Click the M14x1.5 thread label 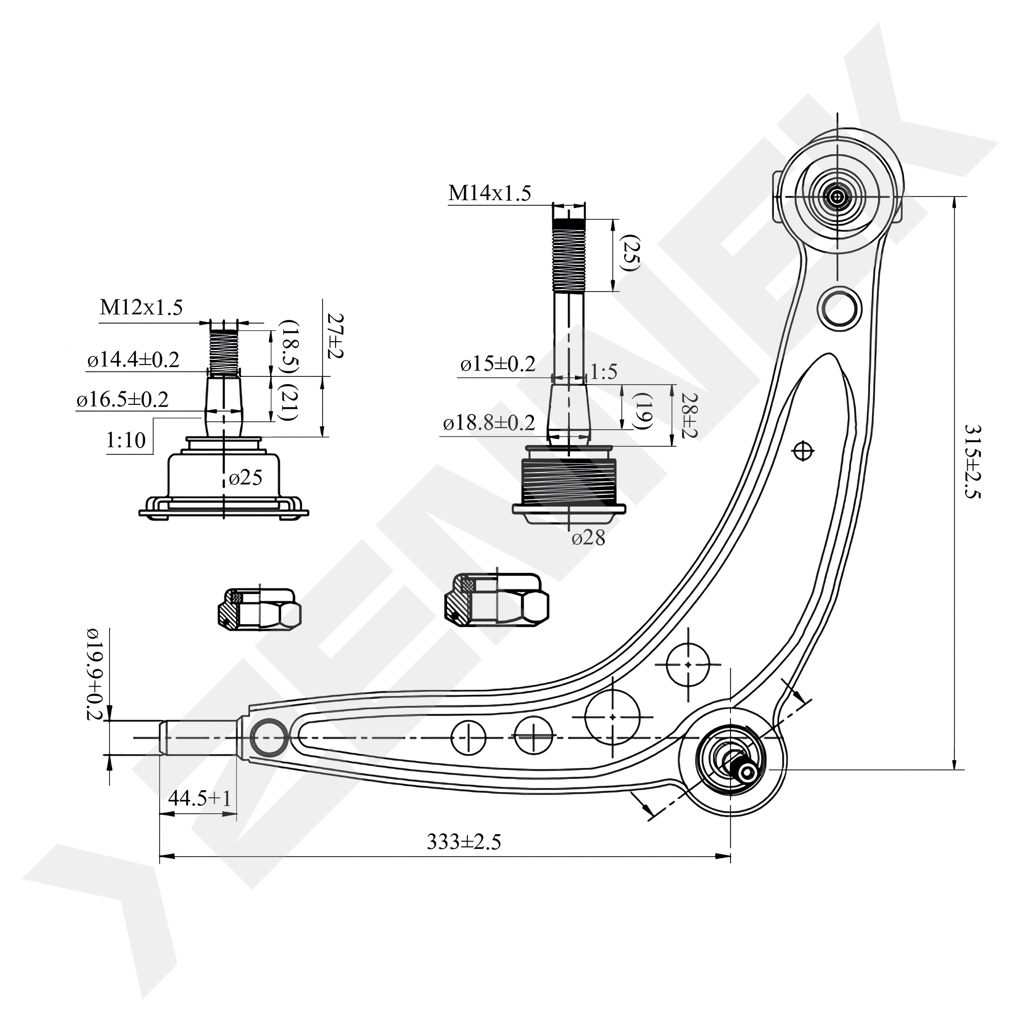(489, 193)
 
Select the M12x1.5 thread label (141, 308)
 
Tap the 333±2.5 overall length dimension (463, 842)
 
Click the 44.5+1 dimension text (199, 799)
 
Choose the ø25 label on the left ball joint (246, 478)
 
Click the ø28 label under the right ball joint (588, 538)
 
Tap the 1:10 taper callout (126, 440)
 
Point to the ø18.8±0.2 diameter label (489, 423)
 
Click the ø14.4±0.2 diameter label (133, 360)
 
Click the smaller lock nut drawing (260, 609)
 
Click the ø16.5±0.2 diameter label (123, 400)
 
